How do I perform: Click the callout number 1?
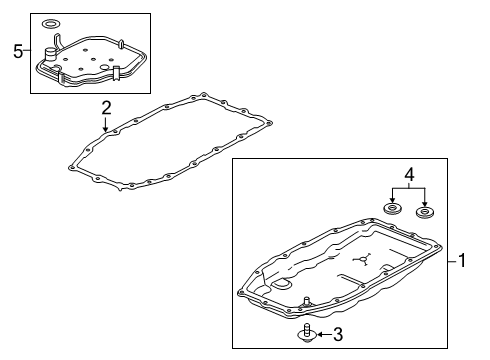click(463, 262)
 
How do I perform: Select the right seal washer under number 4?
click(427, 213)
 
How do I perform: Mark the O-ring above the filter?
click(51, 24)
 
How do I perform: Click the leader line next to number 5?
click(28, 52)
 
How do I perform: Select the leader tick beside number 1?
click(450, 262)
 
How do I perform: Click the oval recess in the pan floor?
click(283, 287)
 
